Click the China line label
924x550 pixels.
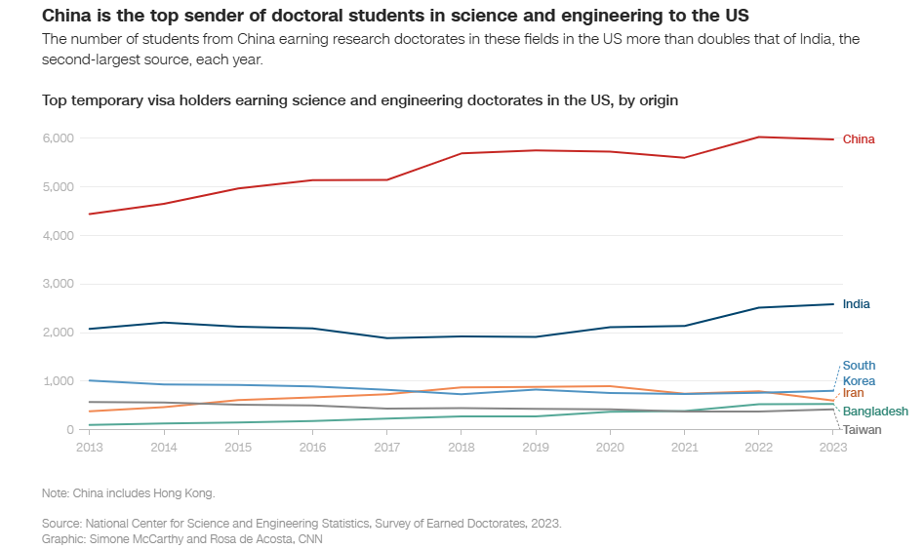859,139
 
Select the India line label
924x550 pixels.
856,304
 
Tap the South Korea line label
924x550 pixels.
859,373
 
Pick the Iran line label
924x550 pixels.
853,393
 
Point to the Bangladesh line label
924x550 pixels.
875,412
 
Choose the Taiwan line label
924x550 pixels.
863,430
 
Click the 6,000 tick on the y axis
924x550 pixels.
58,138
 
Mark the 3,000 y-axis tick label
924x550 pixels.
58,284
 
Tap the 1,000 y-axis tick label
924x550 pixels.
58,381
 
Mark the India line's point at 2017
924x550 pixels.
387,338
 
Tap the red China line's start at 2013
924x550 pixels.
89,214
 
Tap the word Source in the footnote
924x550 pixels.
61,524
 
